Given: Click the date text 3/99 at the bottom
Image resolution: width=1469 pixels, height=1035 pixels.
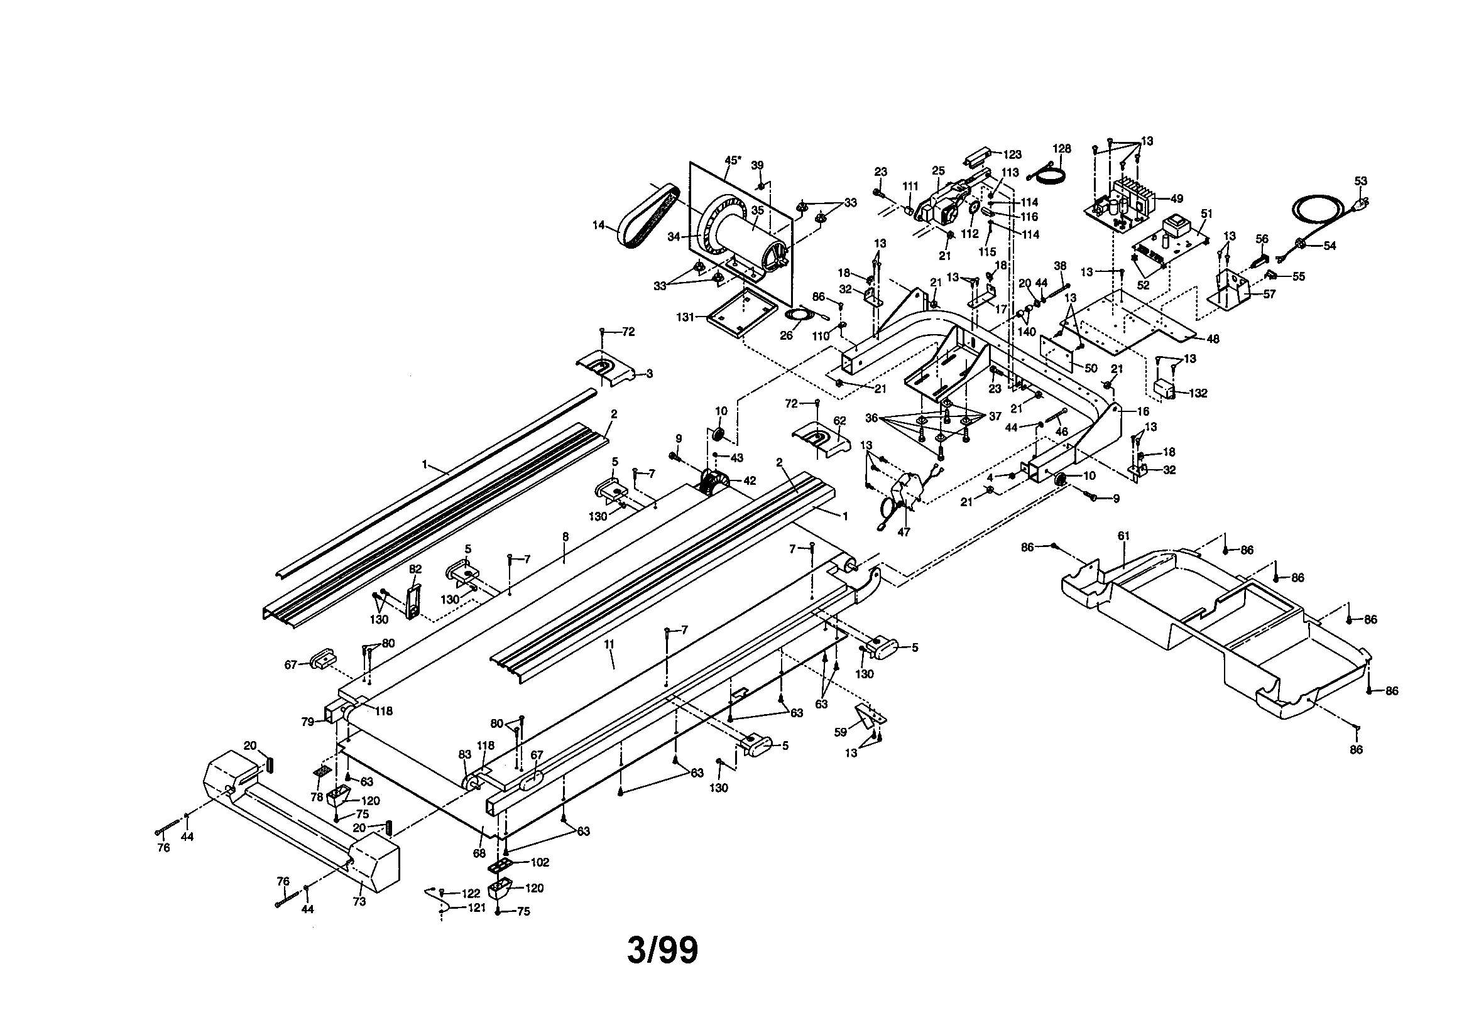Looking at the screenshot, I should tap(662, 951).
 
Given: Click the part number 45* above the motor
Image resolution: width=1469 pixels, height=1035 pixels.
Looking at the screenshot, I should tap(733, 160).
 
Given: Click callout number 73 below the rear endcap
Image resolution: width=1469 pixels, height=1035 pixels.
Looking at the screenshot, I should tap(359, 901).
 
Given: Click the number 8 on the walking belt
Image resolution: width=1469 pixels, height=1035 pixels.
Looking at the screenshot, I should tap(565, 537).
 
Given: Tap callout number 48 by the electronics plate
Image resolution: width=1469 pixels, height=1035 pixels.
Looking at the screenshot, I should tap(1213, 339).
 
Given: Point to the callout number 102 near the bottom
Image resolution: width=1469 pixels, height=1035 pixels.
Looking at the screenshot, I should tap(540, 862).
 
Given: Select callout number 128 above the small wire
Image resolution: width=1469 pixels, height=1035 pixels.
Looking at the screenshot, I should tap(1061, 148).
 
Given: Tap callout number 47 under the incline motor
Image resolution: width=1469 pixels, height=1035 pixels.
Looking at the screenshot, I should tap(904, 531).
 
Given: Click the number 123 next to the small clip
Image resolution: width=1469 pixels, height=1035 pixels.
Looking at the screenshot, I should tap(1012, 154).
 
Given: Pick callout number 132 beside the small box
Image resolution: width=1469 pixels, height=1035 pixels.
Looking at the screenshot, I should tap(1198, 393).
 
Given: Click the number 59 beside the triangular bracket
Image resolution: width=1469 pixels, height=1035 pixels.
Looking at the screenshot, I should tap(840, 732).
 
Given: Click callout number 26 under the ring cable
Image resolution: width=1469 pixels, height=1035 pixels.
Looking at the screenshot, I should tap(786, 336).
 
